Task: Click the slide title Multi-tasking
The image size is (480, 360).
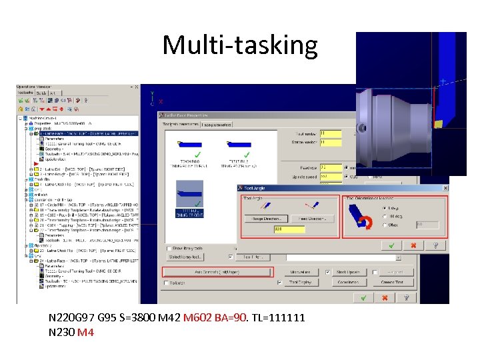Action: click(x=240, y=45)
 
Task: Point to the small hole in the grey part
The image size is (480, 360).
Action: click(x=362, y=127)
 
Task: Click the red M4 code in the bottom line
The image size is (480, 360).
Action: click(x=86, y=331)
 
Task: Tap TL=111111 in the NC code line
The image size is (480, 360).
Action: click(x=279, y=317)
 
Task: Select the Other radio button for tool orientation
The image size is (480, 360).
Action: click(x=385, y=225)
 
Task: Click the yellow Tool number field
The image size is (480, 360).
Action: click(x=331, y=133)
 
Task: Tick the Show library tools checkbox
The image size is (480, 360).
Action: click(x=169, y=249)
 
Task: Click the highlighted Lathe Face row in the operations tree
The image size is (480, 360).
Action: click(x=90, y=133)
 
